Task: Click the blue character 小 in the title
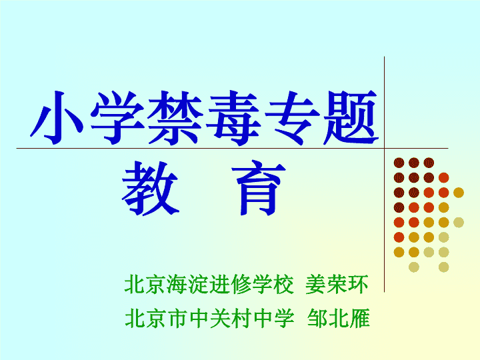pos(57,118)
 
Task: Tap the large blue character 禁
pos(175,118)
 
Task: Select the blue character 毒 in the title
pos(233,118)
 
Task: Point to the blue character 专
pos(293,118)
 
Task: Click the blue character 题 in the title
pos(351,118)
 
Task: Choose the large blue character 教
pos(150,188)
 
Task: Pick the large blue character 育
pos(259,188)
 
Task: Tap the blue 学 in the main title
pos(117,118)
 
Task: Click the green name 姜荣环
pos(337,284)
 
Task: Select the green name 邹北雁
pos(339,319)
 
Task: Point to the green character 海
pos(177,284)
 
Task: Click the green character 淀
pos(199,284)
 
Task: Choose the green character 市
pos(177,319)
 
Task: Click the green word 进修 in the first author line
pos(231,284)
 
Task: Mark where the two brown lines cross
pos(384,149)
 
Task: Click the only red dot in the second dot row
pos(443,177)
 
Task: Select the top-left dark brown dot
pos(399,163)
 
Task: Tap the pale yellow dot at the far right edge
pos(459,222)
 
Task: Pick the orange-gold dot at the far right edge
pos(459,193)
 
